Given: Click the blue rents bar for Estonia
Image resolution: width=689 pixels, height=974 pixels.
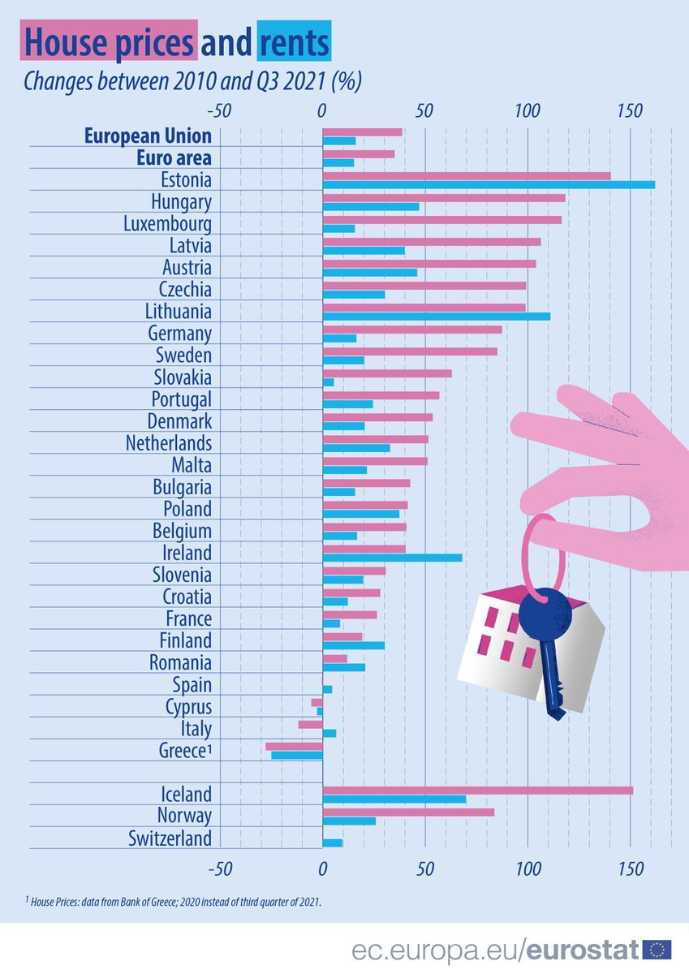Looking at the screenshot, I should tap(489, 185).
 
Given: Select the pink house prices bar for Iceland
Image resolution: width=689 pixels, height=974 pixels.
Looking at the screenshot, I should tap(477, 790).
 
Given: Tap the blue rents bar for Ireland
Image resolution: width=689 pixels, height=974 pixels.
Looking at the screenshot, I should tap(392, 558).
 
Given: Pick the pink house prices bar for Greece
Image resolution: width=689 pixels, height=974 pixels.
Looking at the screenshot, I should tap(294, 746).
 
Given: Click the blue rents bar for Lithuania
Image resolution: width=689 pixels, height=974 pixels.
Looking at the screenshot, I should tap(436, 317).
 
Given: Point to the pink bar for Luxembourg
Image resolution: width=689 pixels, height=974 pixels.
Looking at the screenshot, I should tap(441, 219).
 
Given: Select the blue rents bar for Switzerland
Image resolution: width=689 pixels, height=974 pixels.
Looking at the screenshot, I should tap(333, 843).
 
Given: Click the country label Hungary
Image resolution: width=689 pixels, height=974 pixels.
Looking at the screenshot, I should tap(181, 201).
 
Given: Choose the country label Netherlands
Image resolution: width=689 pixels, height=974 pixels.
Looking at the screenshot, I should tap(168, 443).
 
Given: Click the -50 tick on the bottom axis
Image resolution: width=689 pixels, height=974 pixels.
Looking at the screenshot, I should tap(218, 868).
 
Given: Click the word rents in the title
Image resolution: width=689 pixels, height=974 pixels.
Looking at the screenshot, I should tap(294, 41).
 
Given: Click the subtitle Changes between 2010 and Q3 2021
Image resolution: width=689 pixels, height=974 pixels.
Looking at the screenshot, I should tap(192, 82).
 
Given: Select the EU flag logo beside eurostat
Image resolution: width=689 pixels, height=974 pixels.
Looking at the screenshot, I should tap(657, 949).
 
